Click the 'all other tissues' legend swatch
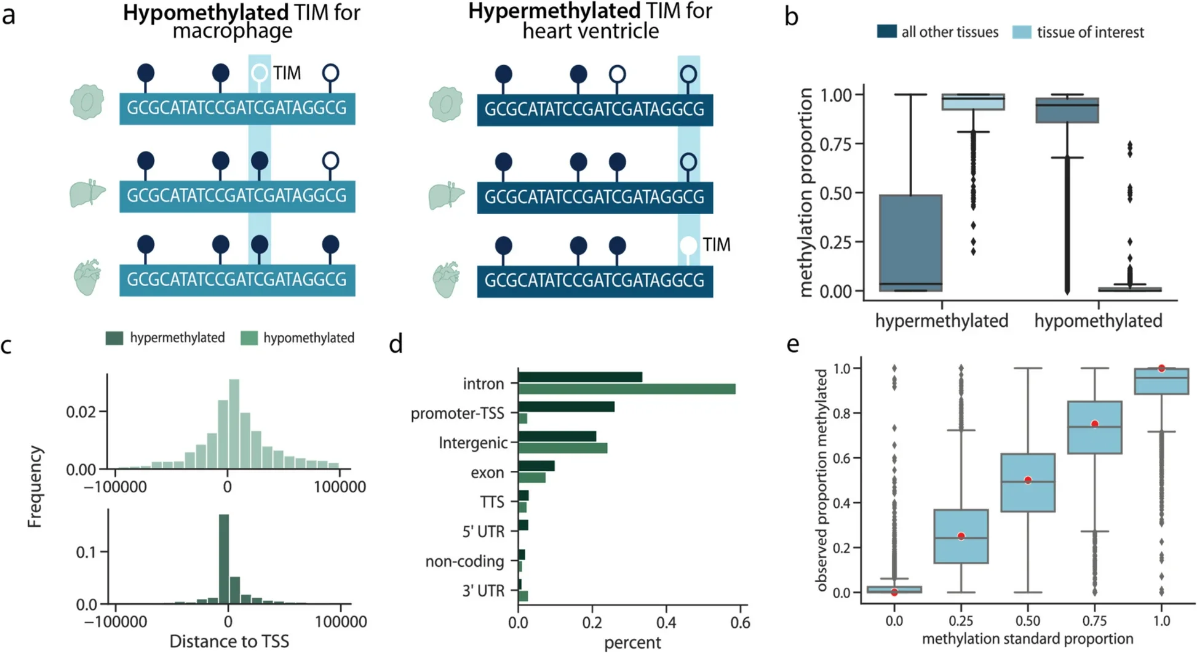click(886, 32)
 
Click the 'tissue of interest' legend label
click(1090, 32)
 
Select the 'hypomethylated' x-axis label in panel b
click(1098, 321)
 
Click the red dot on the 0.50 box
click(1028, 480)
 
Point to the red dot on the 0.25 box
click(961, 536)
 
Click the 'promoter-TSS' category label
click(457, 414)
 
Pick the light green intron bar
click(626, 389)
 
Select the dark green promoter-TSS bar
click(566, 407)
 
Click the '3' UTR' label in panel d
click(483, 591)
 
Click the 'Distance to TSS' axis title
click(229, 641)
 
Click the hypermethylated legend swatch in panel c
click(114, 338)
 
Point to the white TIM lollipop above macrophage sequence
click(260, 73)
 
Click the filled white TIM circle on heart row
click(688, 245)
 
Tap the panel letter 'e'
click(793, 345)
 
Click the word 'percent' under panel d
click(632, 643)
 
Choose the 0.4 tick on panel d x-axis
click(666, 623)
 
